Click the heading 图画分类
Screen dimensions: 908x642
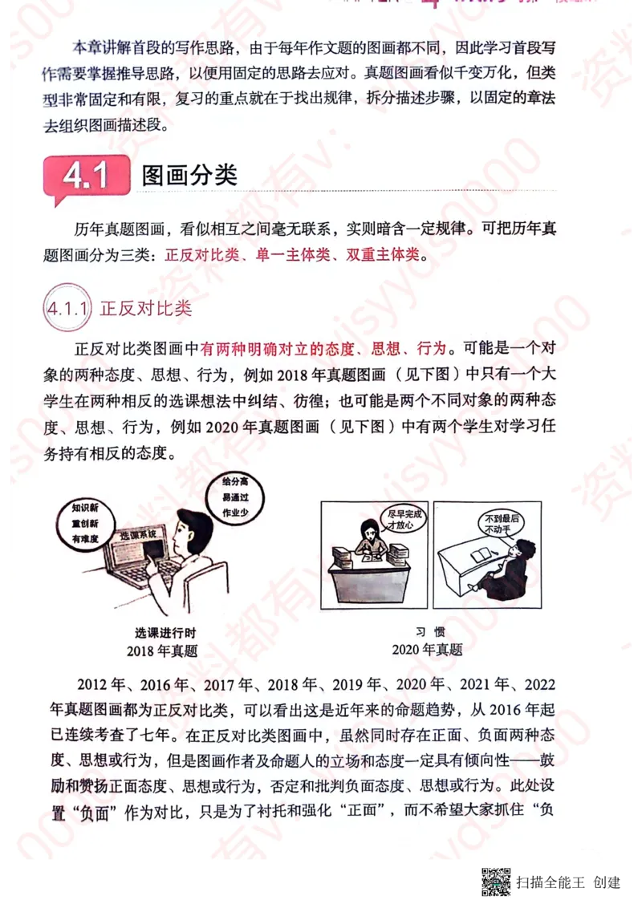189,176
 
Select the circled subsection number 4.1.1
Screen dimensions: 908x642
67,308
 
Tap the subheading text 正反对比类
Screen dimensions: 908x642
145,308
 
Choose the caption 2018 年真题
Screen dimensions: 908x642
162,651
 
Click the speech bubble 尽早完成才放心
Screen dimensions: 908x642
399,519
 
